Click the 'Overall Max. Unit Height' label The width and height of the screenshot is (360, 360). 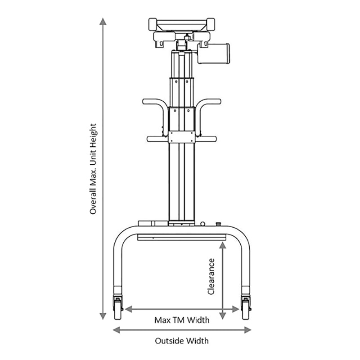tap(94, 169)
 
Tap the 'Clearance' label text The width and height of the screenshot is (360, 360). tap(211, 276)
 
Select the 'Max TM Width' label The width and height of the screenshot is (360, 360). tap(182, 320)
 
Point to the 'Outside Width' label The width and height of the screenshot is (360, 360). tap(182, 341)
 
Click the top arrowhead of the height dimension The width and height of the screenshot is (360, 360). tap(103, 21)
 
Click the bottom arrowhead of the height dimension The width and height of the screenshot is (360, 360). tap(103, 316)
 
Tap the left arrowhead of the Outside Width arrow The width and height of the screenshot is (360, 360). tap(117, 330)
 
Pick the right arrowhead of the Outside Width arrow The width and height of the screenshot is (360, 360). tap(247, 330)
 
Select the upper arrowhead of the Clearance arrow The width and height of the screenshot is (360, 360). tap(222, 245)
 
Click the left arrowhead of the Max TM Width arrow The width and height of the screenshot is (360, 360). tap(128, 309)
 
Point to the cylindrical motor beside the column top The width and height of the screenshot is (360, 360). tap(213, 53)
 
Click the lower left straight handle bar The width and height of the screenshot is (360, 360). tap(157, 139)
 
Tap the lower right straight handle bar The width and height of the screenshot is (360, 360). tap(206, 139)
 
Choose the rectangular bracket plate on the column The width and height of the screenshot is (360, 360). tap(182, 137)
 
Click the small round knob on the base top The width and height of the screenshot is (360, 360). tap(202, 224)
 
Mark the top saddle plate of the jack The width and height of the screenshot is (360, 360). tap(182, 25)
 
